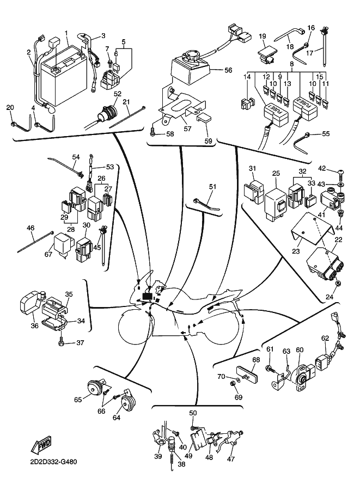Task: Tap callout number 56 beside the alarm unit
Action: [x=228, y=70]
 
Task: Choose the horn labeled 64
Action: [x=129, y=403]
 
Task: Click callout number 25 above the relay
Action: [x=276, y=173]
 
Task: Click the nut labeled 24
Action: [x=339, y=283]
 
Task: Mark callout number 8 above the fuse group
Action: [x=292, y=64]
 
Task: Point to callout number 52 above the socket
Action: [x=116, y=94]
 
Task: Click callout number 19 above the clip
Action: [x=262, y=36]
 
